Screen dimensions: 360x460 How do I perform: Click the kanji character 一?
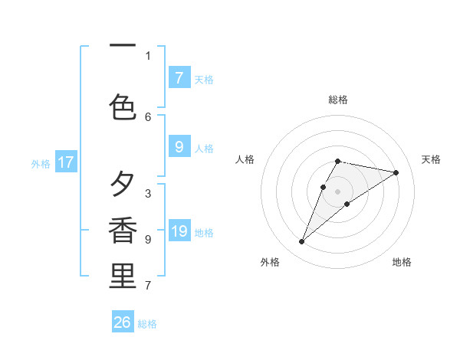click(123, 45)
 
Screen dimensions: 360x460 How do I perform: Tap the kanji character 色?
click(123, 106)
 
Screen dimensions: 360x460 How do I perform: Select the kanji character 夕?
click(123, 184)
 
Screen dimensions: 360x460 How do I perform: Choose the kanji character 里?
click(123, 276)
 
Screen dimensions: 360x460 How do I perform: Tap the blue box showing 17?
click(66, 162)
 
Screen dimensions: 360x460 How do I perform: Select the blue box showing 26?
click(123, 322)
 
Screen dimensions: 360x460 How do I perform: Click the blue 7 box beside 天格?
click(179, 78)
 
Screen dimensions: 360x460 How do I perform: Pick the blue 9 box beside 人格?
click(179, 148)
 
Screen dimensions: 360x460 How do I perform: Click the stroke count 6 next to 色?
click(148, 116)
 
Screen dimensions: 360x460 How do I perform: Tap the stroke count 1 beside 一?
click(148, 55)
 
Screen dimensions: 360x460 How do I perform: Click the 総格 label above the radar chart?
click(338, 100)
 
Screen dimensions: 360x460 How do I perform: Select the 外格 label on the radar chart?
click(270, 262)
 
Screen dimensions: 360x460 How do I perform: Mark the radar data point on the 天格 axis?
click(396, 172)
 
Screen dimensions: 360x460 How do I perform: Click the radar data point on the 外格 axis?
click(301, 242)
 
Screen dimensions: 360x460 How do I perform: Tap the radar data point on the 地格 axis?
click(347, 203)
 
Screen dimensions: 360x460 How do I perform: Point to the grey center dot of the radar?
click(338, 191)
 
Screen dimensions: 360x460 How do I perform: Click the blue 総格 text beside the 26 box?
click(147, 324)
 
